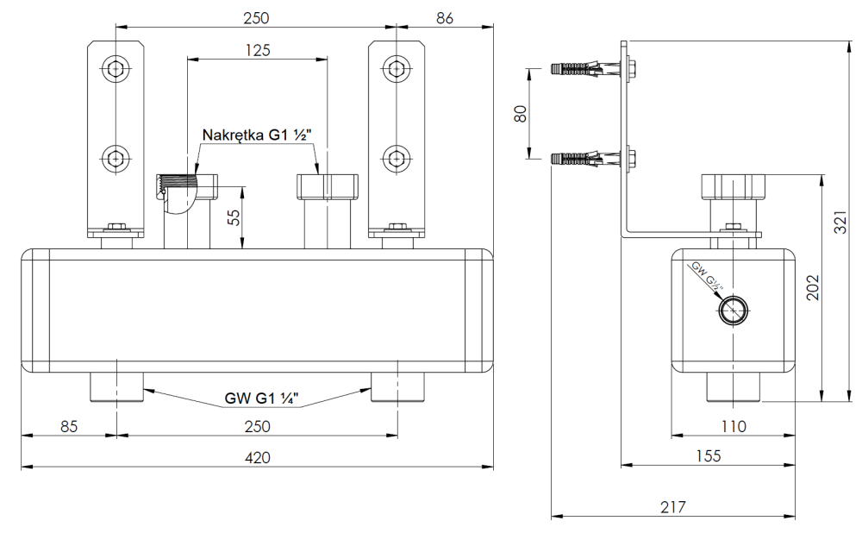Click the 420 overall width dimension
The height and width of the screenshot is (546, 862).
(x=257, y=457)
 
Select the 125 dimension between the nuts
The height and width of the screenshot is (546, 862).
(x=257, y=50)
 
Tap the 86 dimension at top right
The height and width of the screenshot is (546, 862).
(x=444, y=19)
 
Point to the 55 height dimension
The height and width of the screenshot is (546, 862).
(x=231, y=216)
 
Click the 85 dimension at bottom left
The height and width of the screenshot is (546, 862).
(x=69, y=426)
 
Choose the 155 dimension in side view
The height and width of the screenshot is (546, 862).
(x=708, y=455)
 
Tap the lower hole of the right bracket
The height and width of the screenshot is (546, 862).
(x=396, y=157)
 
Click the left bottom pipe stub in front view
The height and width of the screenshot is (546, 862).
(x=116, y=387)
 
